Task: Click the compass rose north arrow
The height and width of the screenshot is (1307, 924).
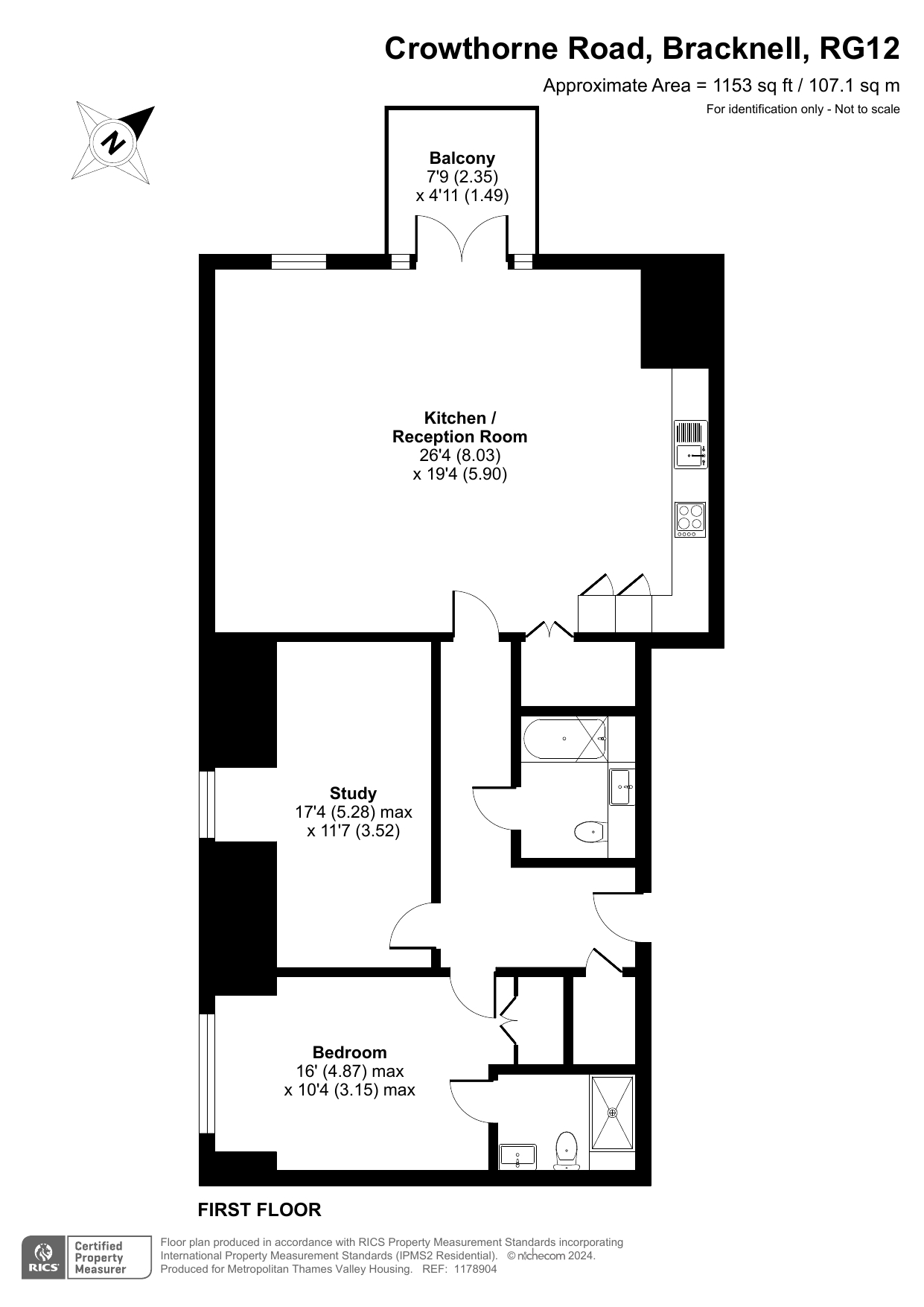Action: coord(113,142)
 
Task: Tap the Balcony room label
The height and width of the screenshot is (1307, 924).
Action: coord(462,158)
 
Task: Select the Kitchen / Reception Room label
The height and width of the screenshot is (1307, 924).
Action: coord(460,427)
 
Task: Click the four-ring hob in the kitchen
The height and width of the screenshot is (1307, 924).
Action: coord(690,520)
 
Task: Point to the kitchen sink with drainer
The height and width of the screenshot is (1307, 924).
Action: coord(690,445)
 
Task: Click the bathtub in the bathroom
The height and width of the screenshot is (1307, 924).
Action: coord(565,739)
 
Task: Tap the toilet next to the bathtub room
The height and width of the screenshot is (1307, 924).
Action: coord(591,831)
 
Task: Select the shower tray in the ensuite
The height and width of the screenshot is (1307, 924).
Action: coord(613,1113)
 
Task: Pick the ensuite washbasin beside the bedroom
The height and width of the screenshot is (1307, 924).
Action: coord(517,1157)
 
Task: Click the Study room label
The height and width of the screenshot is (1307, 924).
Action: coord(353,793)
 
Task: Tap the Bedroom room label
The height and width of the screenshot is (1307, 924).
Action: coord(350,1052)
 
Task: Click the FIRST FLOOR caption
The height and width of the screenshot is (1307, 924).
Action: coord(259,1210)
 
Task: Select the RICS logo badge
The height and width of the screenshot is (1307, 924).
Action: coord(86,1258)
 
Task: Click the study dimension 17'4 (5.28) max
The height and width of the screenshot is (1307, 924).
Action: coord(354,812)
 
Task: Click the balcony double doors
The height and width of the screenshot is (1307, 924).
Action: coord(462,237)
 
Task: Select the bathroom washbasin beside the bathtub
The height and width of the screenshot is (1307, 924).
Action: coord(622,786)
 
